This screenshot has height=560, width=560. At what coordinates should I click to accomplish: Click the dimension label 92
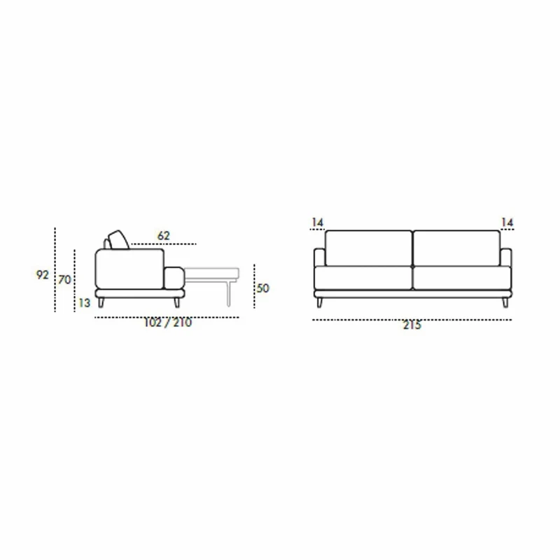pos(42,274)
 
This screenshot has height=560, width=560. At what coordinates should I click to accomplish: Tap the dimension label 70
pos(64,279)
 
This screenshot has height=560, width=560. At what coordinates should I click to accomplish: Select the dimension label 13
pos(84,303)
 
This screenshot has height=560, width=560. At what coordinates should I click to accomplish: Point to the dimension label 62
pos(164,236)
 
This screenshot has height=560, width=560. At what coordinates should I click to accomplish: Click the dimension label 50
pos(263,288)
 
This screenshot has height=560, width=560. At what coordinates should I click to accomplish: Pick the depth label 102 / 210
pos(168,323)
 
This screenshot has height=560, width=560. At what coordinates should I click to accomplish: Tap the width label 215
pos(412,325)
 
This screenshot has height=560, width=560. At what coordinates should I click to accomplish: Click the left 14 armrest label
pos(318,223)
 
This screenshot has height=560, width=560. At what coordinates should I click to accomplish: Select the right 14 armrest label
pos(507,223)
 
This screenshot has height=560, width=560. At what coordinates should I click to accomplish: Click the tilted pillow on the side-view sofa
pos(118,240)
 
